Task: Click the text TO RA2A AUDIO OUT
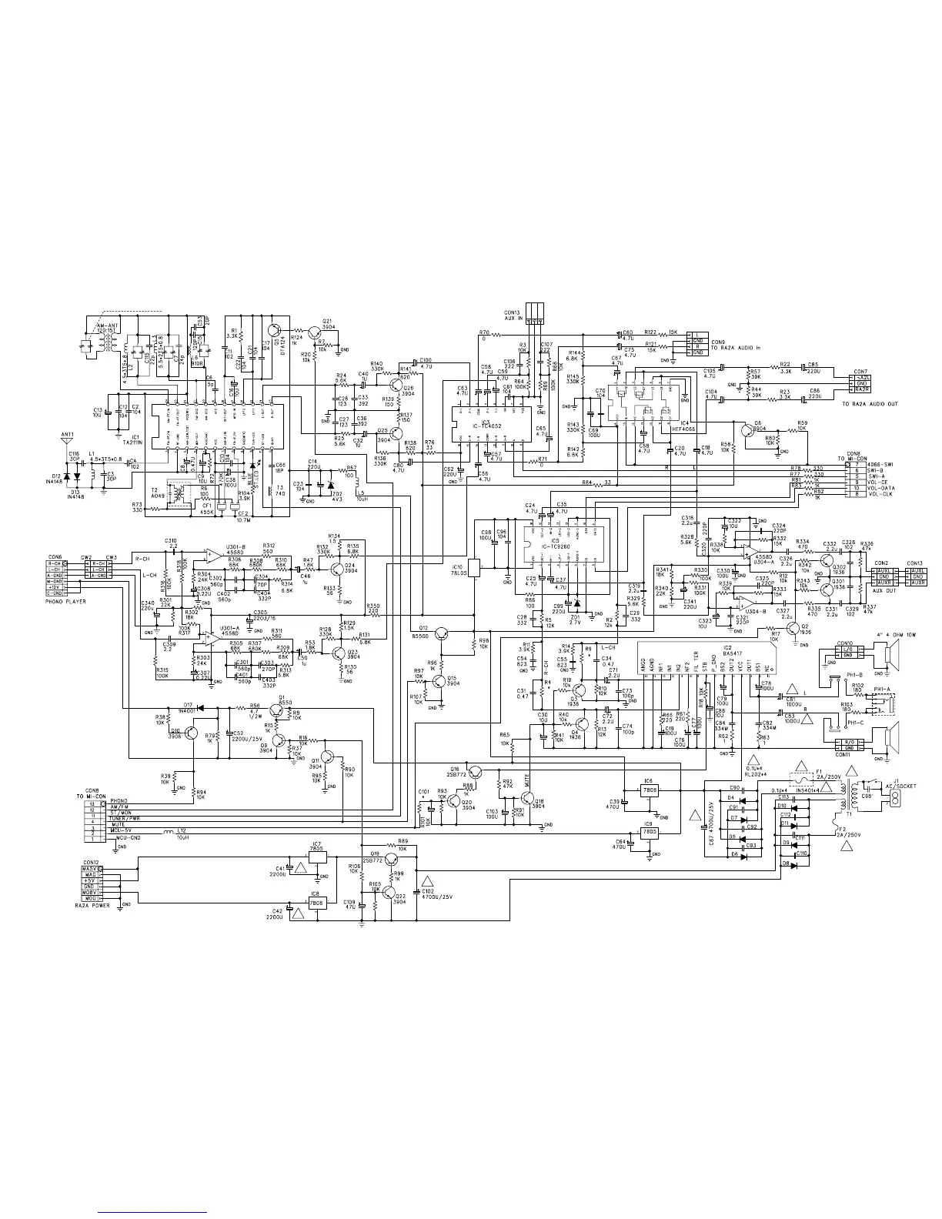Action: [x=870, y=404]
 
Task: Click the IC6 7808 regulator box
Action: [x=649, y=790]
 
